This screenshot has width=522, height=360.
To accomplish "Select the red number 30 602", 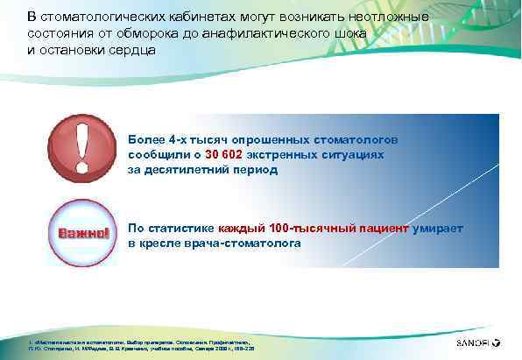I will (x=224, y=154).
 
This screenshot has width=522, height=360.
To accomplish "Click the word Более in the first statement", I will (x=145, y=139).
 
